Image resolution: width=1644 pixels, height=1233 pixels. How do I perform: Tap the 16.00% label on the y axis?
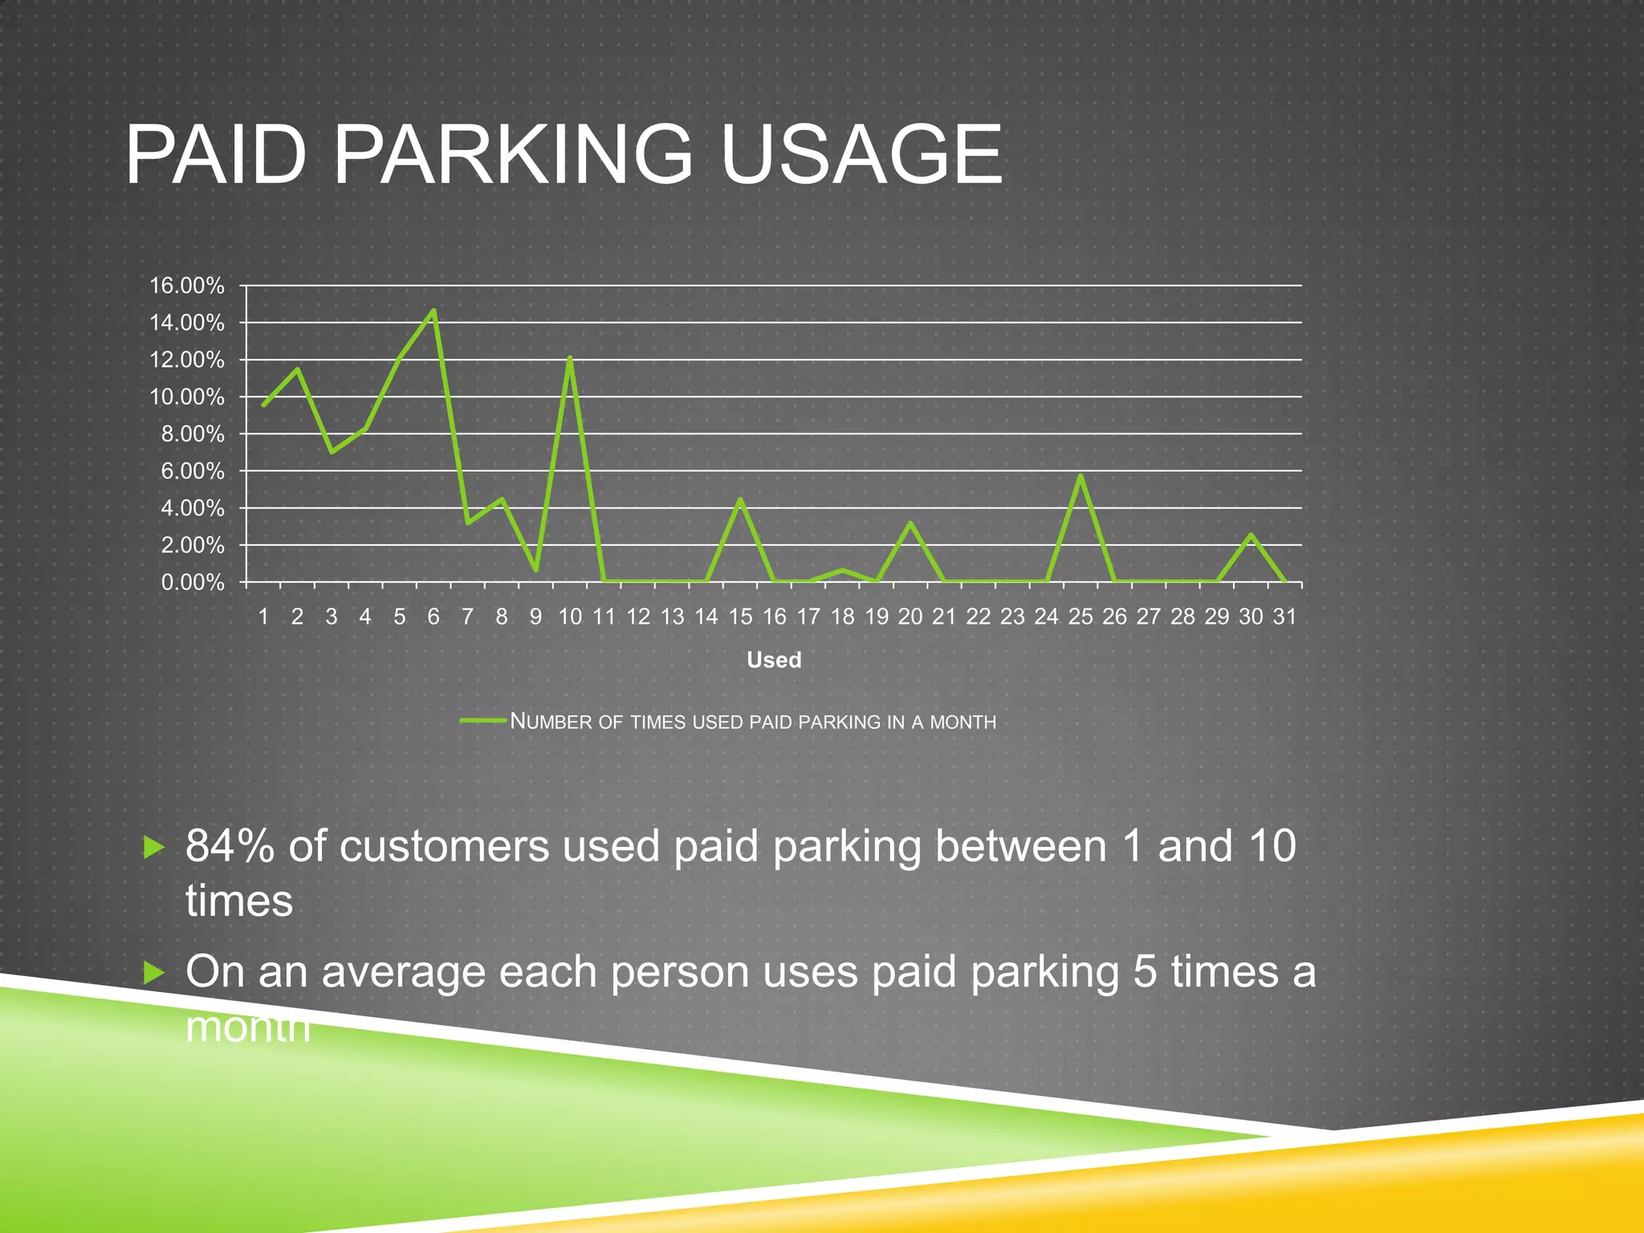point(186,285)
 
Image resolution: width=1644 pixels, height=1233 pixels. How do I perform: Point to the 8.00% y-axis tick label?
point(192,433)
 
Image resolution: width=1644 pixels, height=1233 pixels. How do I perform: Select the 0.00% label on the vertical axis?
point(192,582)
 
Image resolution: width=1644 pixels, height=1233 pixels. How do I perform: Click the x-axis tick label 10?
point(569,616)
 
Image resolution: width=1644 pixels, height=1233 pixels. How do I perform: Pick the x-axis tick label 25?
point(1080,616)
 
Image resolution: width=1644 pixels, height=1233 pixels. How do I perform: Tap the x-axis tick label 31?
point(1284,616)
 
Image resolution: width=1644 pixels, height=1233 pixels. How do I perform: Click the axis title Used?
point(774,660)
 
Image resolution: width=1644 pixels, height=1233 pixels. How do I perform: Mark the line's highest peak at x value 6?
point(433,311)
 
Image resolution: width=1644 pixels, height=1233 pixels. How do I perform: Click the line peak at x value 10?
point(569,358)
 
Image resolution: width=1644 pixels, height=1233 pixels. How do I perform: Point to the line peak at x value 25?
point(1080,476)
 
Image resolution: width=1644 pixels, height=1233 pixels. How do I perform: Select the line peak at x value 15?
point(740,499)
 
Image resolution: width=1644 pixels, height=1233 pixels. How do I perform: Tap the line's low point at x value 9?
point(535,570)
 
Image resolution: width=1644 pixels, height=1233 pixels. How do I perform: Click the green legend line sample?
point(483,720)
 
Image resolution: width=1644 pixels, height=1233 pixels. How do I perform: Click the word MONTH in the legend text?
point(962,722)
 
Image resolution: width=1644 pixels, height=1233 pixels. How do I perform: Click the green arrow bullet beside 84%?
point(153,847)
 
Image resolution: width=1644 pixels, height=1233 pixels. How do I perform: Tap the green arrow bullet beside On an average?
point(153,973)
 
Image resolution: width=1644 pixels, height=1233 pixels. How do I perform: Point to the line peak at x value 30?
point(1251,535)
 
